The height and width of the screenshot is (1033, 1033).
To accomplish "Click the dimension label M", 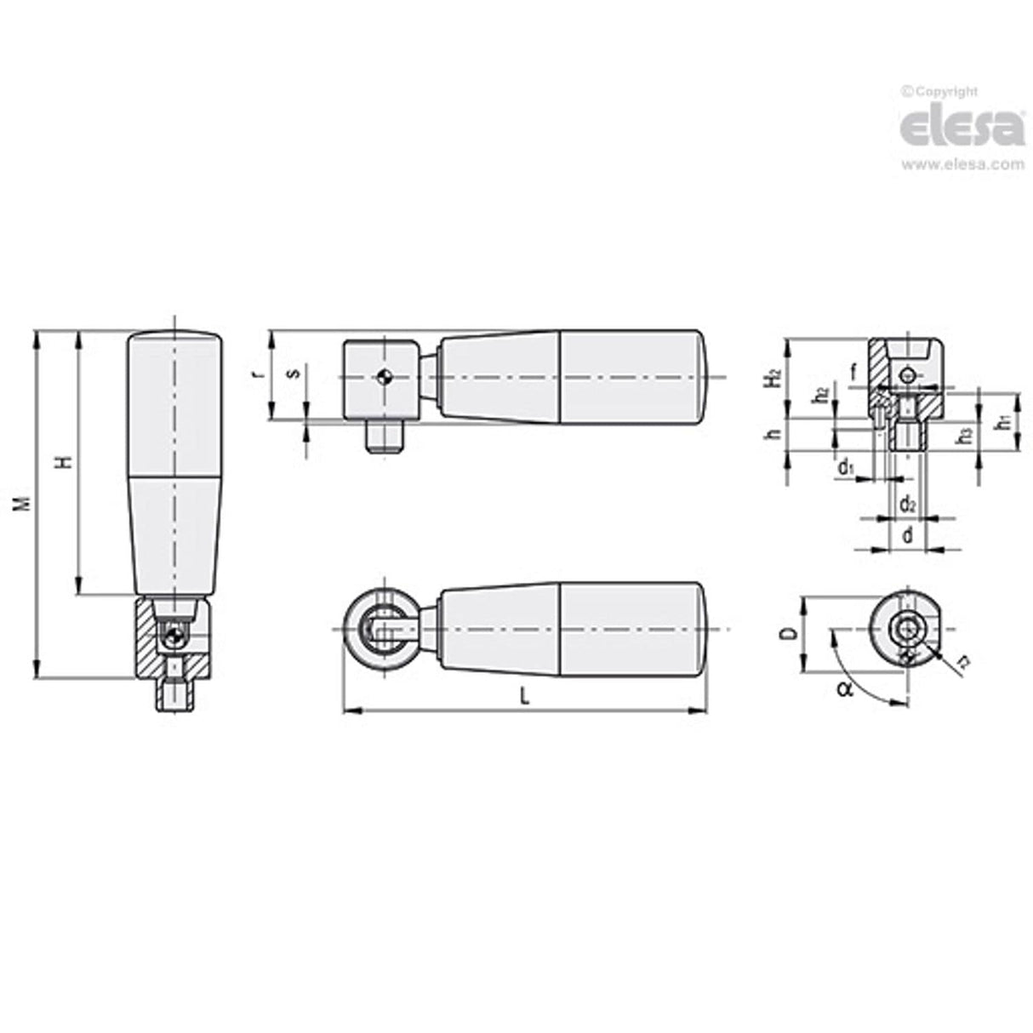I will click(27, 503).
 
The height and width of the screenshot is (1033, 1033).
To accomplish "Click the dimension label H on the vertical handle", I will click(63, 463).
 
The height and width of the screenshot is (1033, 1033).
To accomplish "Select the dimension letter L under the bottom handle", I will click(525, 696).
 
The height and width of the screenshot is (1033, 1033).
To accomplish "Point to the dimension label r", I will click(258, 374).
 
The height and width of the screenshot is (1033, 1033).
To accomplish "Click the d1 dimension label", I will click(846, 467).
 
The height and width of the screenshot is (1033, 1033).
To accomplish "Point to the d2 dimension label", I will click(907, 502).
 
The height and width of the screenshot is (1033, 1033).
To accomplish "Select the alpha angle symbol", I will click(843, 688).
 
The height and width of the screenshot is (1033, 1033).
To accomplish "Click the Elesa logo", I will click(962, 128).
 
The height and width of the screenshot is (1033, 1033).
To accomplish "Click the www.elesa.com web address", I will click(962, 165).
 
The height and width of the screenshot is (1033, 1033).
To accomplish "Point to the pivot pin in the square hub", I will click(385, 374).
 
